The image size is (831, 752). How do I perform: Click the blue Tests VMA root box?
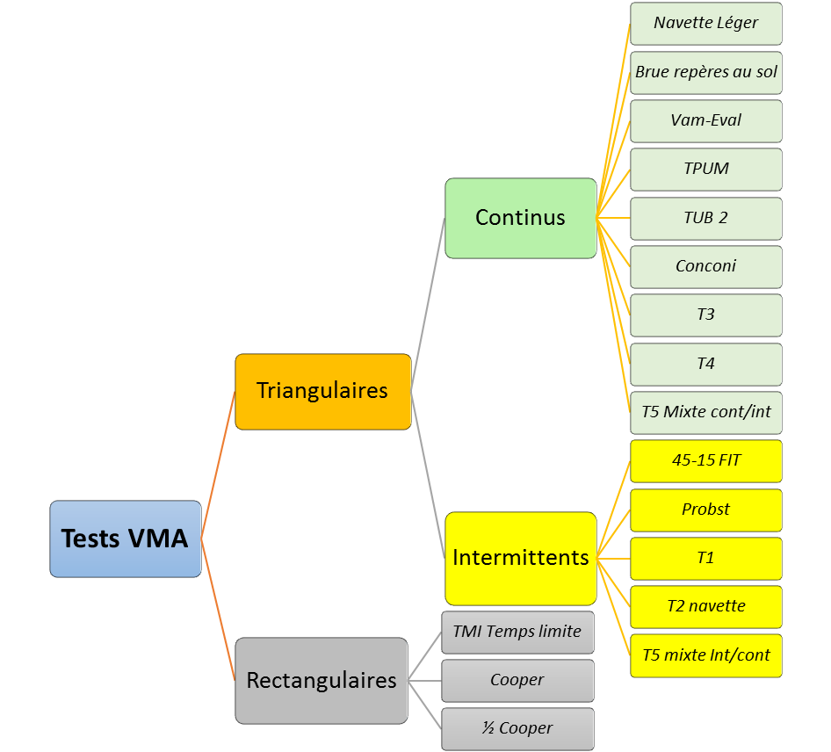click(126, 539)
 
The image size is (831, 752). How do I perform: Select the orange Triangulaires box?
click(322, 391)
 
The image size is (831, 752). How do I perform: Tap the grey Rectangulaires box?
click(322, 680)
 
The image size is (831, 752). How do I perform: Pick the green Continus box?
click(520, 218)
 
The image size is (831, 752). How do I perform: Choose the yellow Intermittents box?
click(520, 557)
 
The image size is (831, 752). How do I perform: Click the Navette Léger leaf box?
click(705, 24)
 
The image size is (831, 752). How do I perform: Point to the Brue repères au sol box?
click(705, 72)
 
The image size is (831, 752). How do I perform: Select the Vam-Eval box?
click(705, 120)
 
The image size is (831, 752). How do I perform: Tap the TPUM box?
click(705, 169)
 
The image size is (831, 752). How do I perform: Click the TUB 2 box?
click(705, 218)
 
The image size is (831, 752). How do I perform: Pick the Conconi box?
click(705, 266)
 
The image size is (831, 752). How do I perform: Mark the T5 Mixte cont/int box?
click(705, 412)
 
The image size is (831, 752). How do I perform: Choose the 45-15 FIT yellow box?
click(705, 460)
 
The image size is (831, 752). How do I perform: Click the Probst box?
click(705, 510)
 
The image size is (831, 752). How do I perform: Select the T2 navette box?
click(705, 606)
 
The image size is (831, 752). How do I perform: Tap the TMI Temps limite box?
click(517, 632)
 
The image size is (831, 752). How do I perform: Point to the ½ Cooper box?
click(517, 728)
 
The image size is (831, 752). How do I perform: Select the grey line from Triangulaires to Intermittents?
click(429, 474)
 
